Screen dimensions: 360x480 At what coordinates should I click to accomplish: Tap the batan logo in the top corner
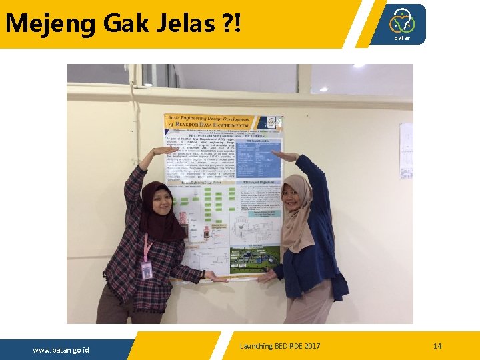(x=402, y=24)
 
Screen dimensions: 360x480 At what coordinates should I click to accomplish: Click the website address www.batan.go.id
(x=61, y=350)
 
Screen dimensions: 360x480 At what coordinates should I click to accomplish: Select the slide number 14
(x=437, y=346)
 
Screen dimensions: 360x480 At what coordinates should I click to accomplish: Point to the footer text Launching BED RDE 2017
(x=280, y=346)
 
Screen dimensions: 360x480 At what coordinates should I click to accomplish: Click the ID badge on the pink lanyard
(x=147, y=269)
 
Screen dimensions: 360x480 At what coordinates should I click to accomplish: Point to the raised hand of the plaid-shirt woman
(x=160, y=151)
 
